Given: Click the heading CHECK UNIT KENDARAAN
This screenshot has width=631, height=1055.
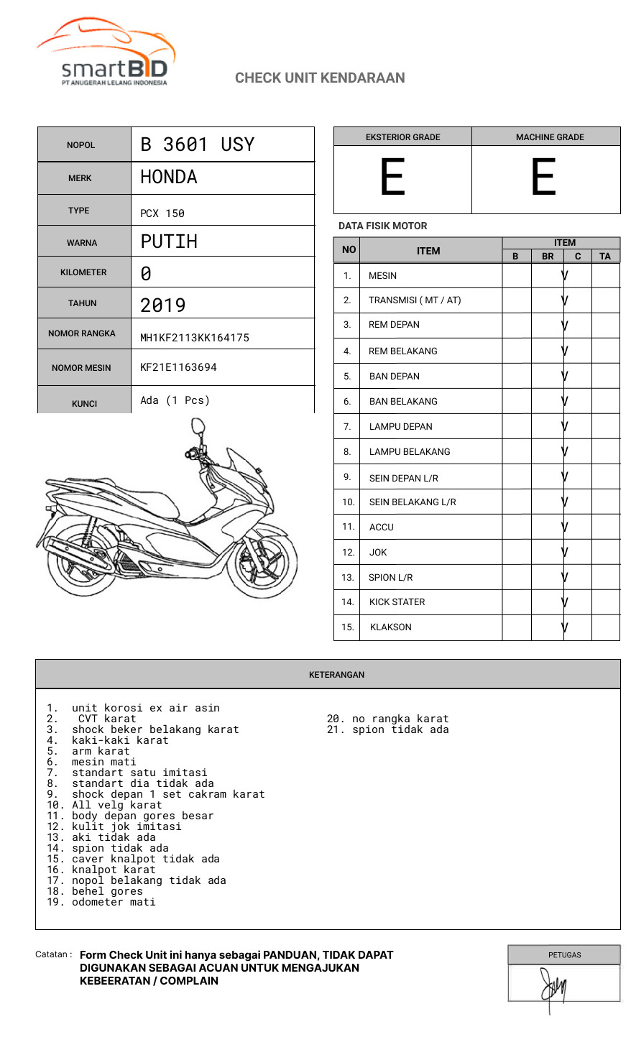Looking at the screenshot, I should [320, 78].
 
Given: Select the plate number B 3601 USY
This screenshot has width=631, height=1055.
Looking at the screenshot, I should [198, 144].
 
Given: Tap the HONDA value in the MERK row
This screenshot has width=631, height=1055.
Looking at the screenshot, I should [169, 177].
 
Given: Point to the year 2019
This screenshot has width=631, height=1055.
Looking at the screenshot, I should [163, 305].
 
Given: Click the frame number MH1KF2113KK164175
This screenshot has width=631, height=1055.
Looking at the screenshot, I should [195, 338].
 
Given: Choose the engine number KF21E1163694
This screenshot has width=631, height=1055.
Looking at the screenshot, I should [178, 367].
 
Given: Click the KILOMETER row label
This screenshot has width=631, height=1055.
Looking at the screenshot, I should [83, 272].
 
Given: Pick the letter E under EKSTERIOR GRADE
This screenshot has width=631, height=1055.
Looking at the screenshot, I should [392, 178].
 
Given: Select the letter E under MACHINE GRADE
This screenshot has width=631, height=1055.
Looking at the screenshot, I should [543, 178].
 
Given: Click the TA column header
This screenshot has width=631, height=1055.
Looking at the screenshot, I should [605, 256].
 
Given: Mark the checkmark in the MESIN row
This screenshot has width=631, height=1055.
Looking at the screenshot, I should [565, 275].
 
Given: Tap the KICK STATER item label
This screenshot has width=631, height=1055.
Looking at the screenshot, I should [397, 602].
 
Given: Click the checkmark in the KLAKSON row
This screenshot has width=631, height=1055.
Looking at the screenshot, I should [565, 627].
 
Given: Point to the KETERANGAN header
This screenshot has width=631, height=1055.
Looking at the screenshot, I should [336, 675].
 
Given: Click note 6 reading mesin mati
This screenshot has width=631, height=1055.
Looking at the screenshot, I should [103, 762].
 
